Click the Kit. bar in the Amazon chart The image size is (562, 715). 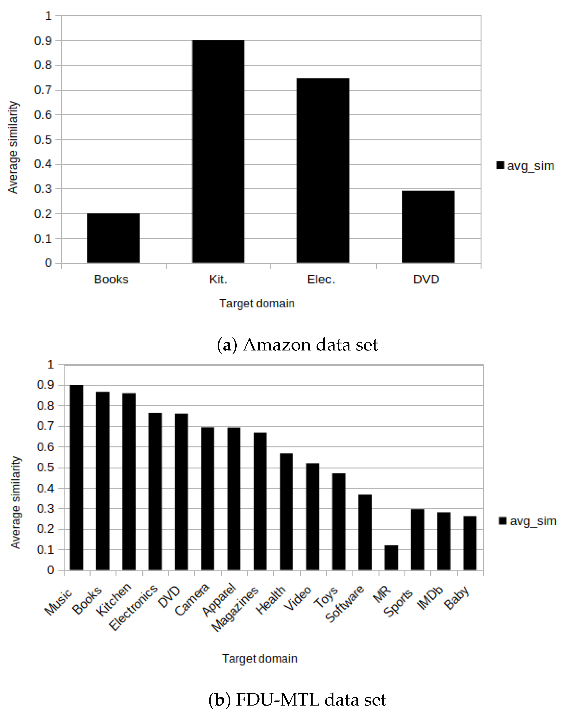click(218, 152)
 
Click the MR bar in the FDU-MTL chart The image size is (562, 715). click(391, 558)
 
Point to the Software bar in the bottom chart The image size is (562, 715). click(365, 533)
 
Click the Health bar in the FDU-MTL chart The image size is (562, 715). click(286, 512)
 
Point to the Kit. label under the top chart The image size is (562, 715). click(218, 279)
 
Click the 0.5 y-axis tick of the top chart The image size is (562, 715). click(43, 140)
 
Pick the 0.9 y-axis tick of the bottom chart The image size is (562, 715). click(45, 385)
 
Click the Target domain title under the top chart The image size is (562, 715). click(257, 303)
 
